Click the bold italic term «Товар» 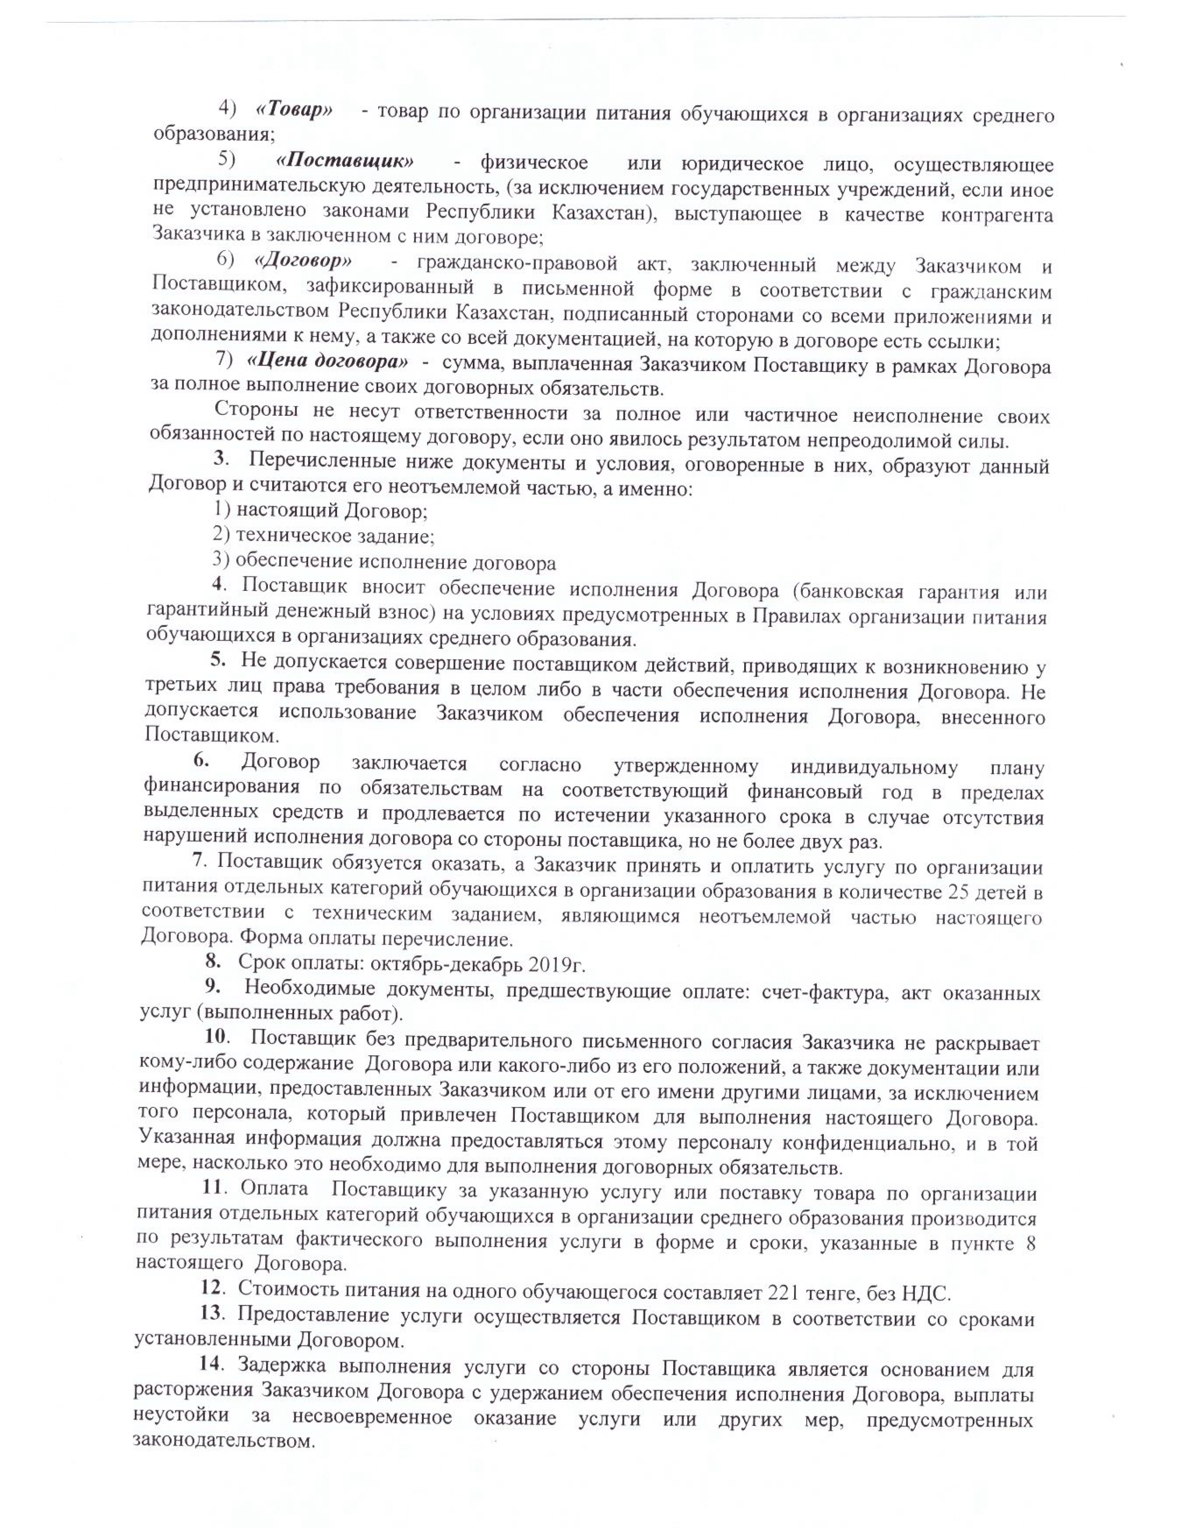click(x=294, y=110)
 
